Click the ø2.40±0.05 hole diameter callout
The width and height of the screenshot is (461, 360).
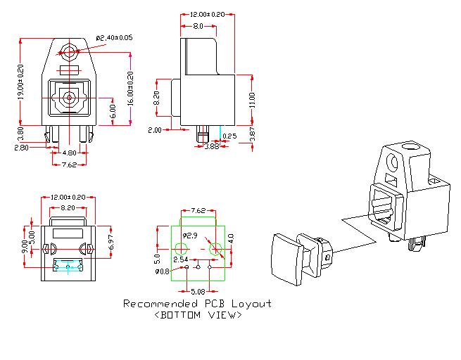click(113, 37)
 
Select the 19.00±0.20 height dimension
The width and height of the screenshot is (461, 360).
click(20, 82)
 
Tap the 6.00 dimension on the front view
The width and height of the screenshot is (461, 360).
click(112, 111)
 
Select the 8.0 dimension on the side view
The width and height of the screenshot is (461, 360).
click(198, 25)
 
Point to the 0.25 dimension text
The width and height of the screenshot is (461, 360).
click(229, 136)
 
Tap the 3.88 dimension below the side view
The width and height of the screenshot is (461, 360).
click(211, 146)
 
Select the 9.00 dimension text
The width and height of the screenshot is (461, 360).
click(25, 247)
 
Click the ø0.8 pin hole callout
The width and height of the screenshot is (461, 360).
click(162, 271)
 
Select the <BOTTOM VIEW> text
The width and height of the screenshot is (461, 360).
click(198, 315)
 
